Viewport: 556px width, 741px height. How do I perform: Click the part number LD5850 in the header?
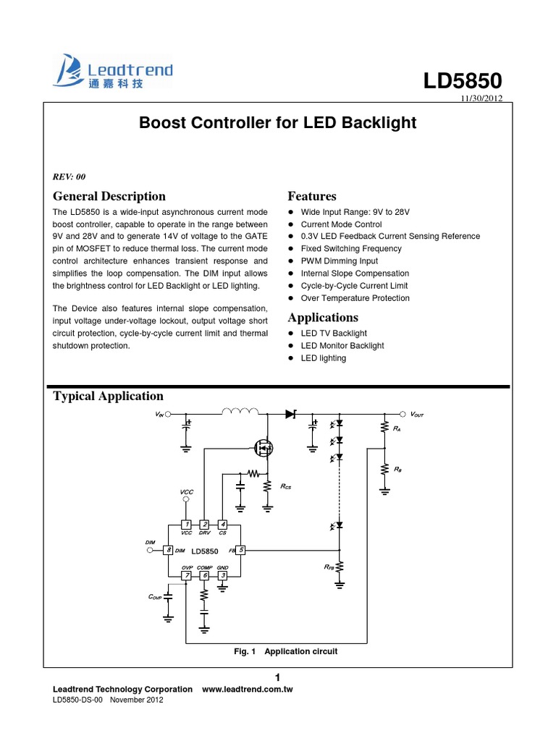463,81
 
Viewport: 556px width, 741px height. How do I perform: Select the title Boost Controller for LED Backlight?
277,123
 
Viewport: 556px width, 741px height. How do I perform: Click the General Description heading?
109,196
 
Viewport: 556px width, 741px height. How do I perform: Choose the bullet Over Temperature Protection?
355,298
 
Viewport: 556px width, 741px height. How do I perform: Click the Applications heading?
323,318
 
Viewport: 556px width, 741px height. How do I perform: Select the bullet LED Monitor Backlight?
342,346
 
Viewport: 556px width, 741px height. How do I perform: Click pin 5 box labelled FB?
241,550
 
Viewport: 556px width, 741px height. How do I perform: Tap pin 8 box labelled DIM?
169,550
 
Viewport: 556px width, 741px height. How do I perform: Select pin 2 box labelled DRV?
204,524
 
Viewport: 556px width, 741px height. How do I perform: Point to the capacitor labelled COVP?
169,597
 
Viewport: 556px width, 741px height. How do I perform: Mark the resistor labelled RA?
384,428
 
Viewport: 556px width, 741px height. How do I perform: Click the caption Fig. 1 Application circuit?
285,651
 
